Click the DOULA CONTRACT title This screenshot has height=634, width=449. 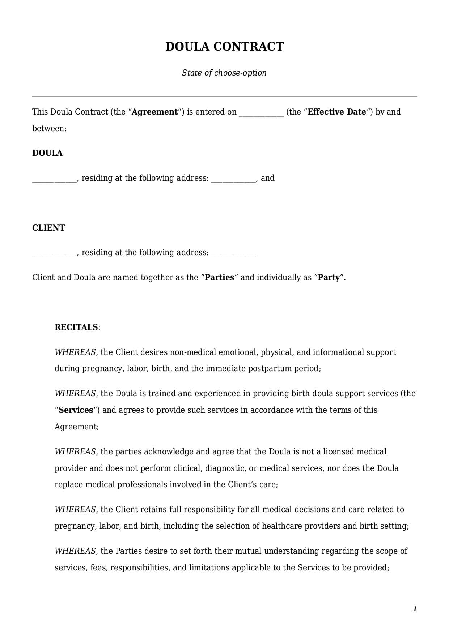(x=224, y=47)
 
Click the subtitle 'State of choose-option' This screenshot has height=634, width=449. (x=224, y=73)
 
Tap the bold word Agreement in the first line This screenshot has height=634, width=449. (x=155, y=112)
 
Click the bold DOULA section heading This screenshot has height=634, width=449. (x=47, y=153)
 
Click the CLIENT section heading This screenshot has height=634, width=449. (x=48, y=228)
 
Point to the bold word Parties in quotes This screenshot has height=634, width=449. (x=220, y=278)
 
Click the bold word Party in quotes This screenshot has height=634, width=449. (x=329, y=278)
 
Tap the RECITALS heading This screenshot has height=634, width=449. (x=76, y=327)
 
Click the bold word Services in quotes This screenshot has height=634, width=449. (x=76, y=410)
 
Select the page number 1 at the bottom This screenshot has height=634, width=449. (x=415, y=609)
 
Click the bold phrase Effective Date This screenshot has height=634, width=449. (x=337, y=112)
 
